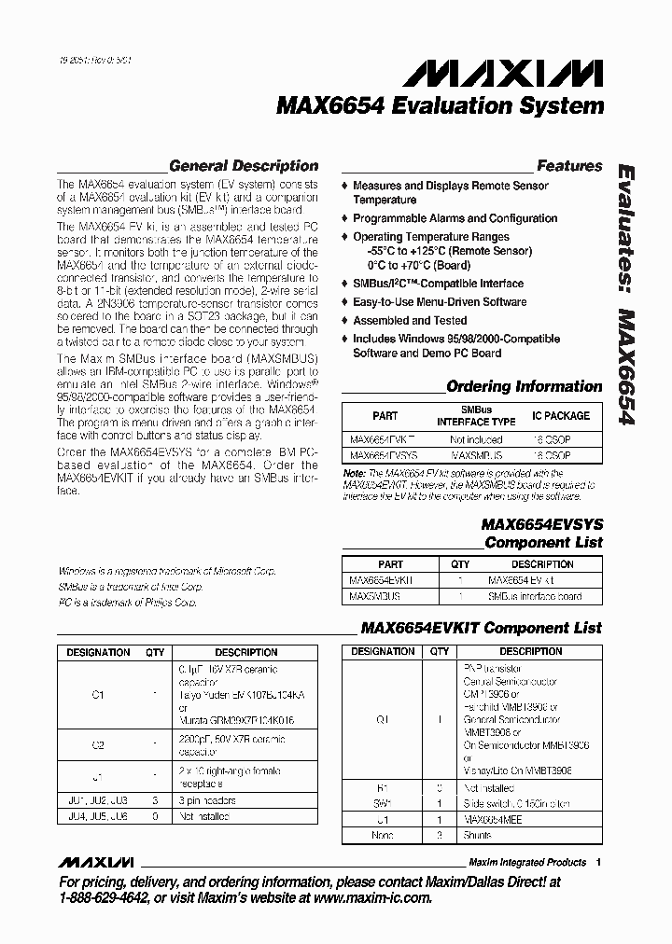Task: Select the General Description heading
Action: (x=243, y=166)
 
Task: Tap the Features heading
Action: (x=569, y=166)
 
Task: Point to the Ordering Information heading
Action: (x=524, y=386)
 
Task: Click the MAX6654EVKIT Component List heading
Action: (x=481, y=628)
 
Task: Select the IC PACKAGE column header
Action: (x=561, y=416)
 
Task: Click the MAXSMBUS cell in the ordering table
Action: (x=476, y=455)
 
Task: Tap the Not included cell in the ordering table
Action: (x=476, y=437)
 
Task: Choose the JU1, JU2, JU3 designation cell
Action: (x=98, y=800)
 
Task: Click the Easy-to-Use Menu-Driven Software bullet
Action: (x=440, y=302)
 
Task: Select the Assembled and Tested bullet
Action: (x=410, y=321)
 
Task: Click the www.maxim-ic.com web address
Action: (x=373, y=897)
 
